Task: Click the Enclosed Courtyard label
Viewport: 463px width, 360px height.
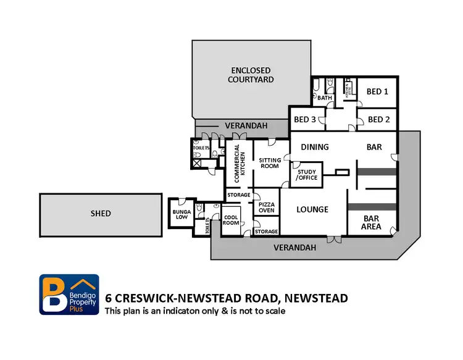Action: pyautogui.click(x=251, y=75)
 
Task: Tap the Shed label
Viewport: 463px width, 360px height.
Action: pyautogui.click(x=101, y=214)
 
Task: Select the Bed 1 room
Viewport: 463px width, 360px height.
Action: pyautogui.click(x=377, y=91)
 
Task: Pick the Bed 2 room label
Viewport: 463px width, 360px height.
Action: pyautogui.click(x=378, y=119)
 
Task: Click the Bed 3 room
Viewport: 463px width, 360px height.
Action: pyautogui.click(x=305, y=119)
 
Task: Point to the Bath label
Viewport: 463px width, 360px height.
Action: pyautogui.click(x=325, y=98)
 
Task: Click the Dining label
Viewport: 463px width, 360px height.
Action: pyautogui.click(x=314, y=147)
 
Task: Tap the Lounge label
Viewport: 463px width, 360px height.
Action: pyautogui.click(x=312, y=209)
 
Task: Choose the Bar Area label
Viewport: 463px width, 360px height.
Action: pyautogui.click(x=371, y=222)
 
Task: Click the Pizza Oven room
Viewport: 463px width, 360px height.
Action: pyautogui.click(x=266, y=207)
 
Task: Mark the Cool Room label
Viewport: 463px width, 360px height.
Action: pyautogui.click(x=231, y=220)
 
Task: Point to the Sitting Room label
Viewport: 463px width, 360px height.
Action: pyautogui.click(x=270, y=164)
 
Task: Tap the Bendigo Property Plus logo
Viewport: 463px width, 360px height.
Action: pyautogui.click(x=69, y=294)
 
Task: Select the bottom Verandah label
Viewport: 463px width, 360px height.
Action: pyautogui.click(x=296, y=248)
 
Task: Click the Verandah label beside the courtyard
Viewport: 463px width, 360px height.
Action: pyautogui.click(x=246, y=125)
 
